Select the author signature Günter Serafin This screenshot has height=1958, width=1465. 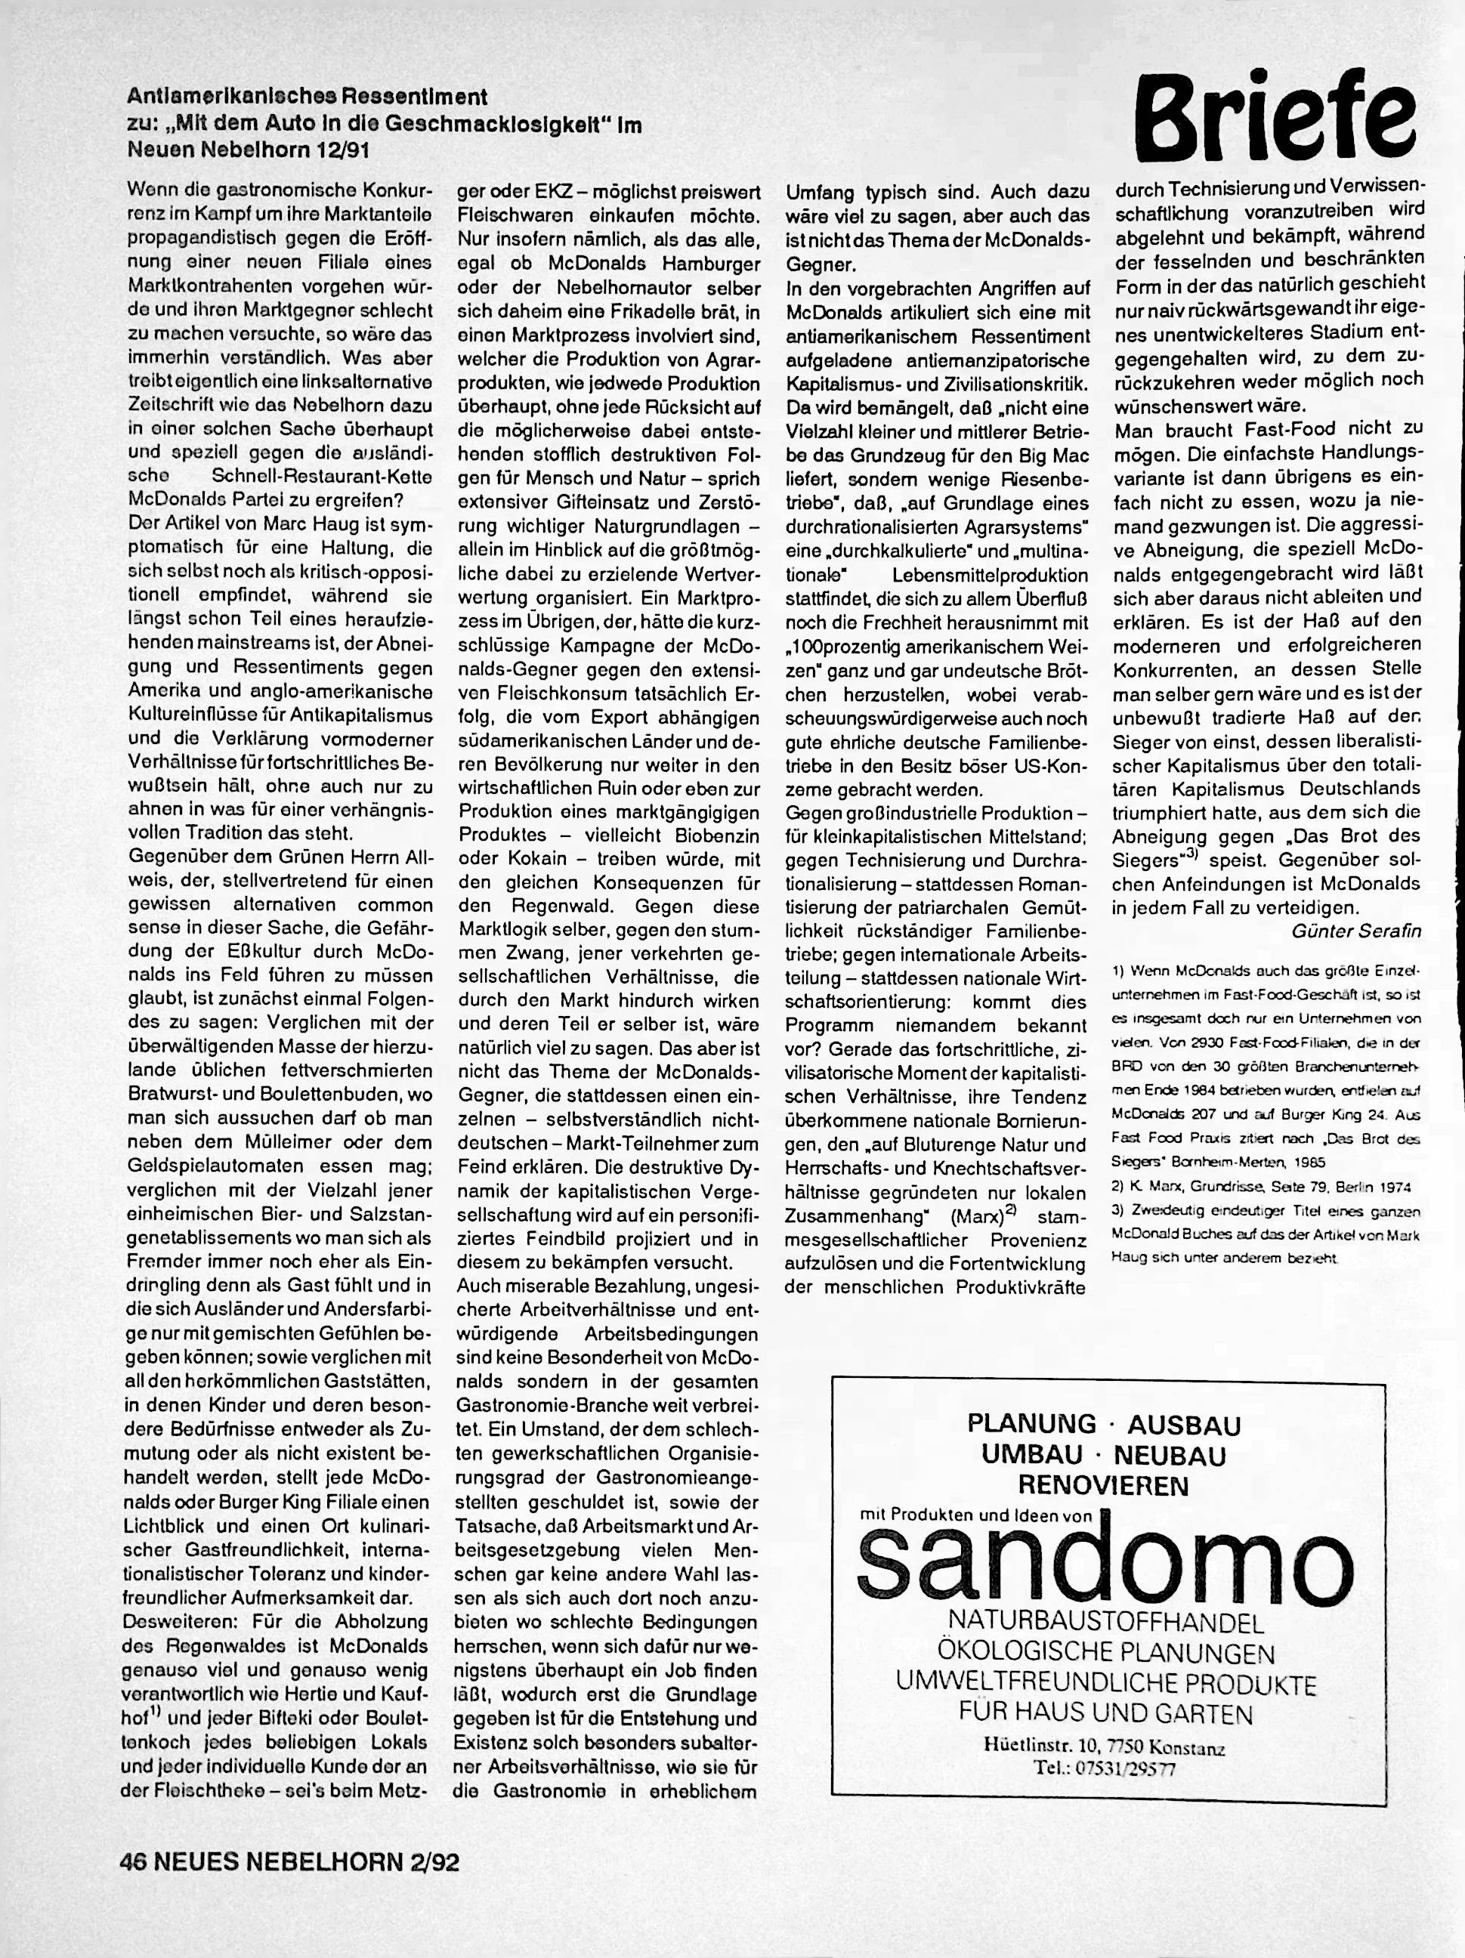1356,931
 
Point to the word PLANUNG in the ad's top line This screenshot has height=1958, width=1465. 1031,1424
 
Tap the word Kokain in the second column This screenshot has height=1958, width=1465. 533,859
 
